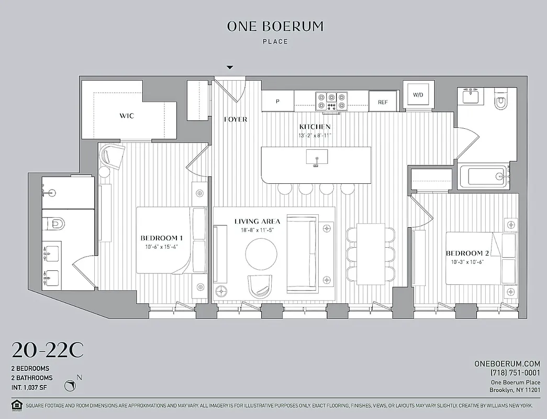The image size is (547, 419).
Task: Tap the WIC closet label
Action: coord(127,115)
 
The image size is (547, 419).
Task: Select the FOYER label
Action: coord(235,119)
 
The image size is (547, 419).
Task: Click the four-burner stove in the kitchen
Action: coord(331,101)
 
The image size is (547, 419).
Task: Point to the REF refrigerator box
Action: coord(383,102)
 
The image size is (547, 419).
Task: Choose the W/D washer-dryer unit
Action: coord(418,95)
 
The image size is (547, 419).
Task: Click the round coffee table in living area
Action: coord(261,255)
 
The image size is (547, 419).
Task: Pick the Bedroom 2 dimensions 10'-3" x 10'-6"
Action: coord(463,262)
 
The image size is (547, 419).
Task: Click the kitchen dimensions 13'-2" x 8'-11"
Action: coord(315,135)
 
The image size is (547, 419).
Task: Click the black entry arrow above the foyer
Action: coord(229,68)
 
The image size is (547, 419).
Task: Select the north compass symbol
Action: coord(71,385)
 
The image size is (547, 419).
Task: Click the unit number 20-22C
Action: coord(47,350)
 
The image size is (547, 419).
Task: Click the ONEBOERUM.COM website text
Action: coord(507,363)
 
